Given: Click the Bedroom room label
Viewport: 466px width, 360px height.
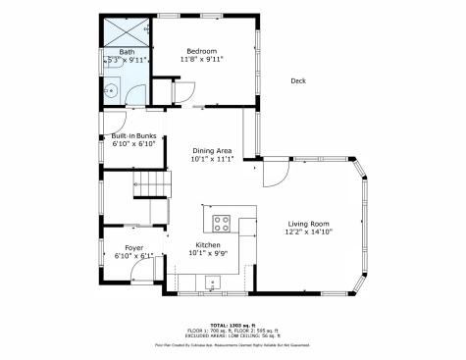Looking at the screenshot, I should (x=202, y=50).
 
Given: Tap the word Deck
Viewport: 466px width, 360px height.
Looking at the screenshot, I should (x=299, y=81).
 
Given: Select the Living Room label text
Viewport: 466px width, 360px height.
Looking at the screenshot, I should (x=308, y=224).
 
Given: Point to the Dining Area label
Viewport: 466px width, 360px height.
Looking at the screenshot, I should (x=212, y=150).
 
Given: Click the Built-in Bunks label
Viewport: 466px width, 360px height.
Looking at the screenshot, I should (x=133, y=135).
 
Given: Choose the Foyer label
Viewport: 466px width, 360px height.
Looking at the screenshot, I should (x=134, y=247).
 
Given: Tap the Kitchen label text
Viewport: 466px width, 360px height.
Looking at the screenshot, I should (x=208, y=244).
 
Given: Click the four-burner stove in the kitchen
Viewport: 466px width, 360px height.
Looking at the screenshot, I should (x=221, y=222).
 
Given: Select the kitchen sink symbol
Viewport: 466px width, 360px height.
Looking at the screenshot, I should (x=213, y=283).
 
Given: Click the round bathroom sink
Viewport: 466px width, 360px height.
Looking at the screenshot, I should (x=112, y=92).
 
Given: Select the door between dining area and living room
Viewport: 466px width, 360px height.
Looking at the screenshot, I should (x=272, y=175).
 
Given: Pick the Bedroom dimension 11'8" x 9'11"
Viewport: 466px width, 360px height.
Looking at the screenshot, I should (x=202, y=59).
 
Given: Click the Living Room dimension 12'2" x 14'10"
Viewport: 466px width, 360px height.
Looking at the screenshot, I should (x=308, y=232).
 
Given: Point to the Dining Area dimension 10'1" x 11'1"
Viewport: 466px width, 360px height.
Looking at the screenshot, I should (x=212, y=159).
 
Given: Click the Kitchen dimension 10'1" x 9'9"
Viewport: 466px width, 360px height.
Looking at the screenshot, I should (x=208, y=253).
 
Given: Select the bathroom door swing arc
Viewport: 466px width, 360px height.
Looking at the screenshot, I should (x=134, y=94).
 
